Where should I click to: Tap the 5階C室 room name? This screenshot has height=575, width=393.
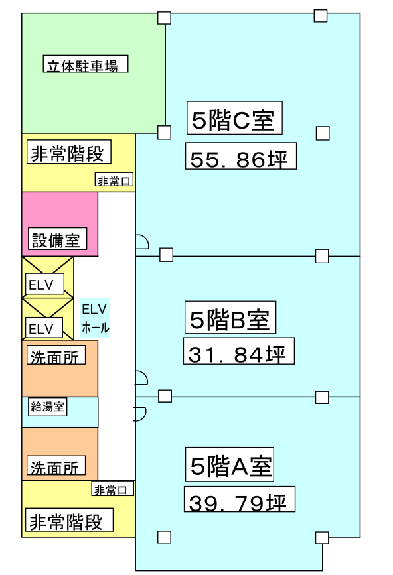pos(234,118)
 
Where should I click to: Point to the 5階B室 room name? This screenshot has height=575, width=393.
pos(230,318)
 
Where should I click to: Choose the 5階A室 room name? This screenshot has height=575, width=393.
pos(230,464)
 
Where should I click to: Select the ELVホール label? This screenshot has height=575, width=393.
pos(95,318)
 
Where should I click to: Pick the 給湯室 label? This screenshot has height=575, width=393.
pos(48,407)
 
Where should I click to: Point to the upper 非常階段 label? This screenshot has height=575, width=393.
pos(69,152)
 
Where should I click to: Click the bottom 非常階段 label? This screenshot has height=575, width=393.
pos(69,520)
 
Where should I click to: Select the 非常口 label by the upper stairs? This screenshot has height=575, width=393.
pos(114,180)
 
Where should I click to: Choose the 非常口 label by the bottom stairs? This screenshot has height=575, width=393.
pos(113,489)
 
